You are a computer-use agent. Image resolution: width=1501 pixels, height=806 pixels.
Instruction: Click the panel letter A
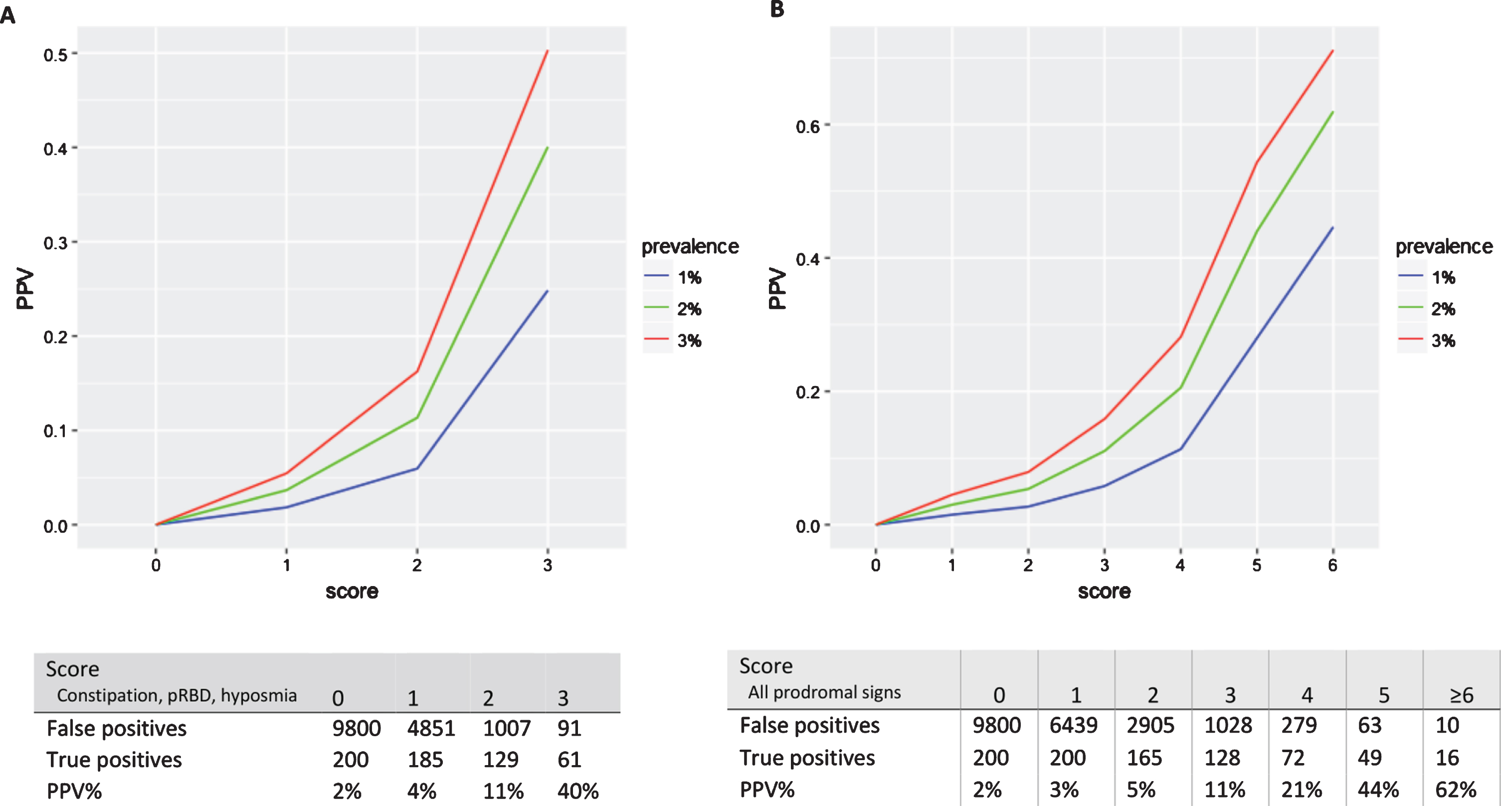pos(8,14)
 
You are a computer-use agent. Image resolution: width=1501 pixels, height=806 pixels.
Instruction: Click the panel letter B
pos(777,9)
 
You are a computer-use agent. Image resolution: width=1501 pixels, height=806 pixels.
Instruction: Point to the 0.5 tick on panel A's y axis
pos(56,55)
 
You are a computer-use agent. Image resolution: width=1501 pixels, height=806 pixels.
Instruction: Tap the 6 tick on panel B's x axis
pos(1332,565)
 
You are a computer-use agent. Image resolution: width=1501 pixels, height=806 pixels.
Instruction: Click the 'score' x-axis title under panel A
pos(352,592)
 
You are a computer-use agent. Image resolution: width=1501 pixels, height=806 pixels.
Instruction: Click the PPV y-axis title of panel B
pos(777,288)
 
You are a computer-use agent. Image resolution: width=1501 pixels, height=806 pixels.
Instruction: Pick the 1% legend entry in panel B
pos(1427,277)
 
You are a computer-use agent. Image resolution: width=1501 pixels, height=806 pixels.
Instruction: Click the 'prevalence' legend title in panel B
pos(1444,246)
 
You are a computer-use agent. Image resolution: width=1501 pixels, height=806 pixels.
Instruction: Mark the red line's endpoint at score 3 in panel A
pos(547,51)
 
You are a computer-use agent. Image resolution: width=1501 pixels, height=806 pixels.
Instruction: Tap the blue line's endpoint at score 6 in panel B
pos(1332,227)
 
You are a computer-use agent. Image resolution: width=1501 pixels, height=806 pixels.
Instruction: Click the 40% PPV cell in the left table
pos(578,791)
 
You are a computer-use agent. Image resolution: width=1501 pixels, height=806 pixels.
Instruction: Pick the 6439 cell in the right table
pos(1073,725)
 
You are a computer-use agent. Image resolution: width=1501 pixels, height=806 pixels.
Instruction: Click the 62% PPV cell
pos(1456,789)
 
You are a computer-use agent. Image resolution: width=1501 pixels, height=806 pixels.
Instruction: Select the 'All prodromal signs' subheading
pos(824,692)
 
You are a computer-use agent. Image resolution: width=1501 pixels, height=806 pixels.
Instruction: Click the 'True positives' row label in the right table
pos(807,758)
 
